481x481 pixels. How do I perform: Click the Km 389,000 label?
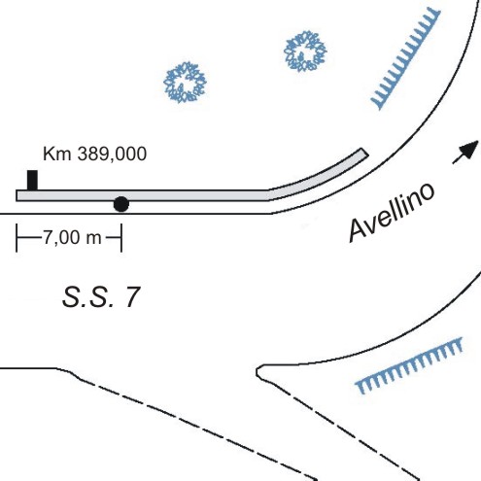coord(94,154)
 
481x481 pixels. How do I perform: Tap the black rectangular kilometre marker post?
coord(32,180)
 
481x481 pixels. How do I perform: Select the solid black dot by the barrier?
coord(121,204)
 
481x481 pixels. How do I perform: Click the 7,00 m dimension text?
coord(73,237)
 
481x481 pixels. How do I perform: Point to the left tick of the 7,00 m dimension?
coord(17,238)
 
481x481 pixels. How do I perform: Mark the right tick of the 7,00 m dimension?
coord(121,238)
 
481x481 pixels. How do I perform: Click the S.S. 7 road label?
coord(101,297)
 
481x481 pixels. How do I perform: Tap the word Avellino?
coord(392,212)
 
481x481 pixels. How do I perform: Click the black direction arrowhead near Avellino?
coord(469,149)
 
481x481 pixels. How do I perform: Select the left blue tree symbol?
coord(185,83)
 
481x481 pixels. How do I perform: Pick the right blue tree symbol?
coord(305,51)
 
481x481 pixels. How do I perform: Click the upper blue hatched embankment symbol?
coord(405,58)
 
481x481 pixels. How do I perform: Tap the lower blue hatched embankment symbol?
coord(409,366)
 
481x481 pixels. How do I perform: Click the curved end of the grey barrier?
coord(364,153)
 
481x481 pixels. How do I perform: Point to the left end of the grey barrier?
coord(17,195)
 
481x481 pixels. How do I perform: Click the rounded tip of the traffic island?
coord(258,371)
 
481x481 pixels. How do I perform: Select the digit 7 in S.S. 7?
coord(131,297)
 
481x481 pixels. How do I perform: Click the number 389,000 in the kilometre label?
coord(112,155)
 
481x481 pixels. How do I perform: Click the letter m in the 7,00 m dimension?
coord(94,239)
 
